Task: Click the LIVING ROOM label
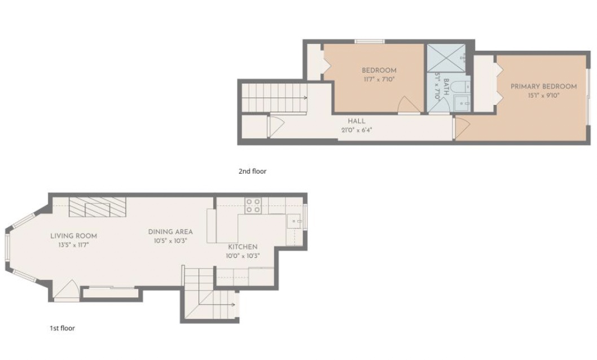point(73,236)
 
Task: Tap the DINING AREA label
point(170,232)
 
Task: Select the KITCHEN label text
point(243,247)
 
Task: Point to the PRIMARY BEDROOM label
point(543,86)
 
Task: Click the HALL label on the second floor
point(357,121)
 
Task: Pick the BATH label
point(446,87)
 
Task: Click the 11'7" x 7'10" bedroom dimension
point(379,80)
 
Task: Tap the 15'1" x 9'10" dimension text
point(543,95)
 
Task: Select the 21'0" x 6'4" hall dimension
point(357,130)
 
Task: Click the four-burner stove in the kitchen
point(253,205)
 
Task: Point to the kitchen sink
point(294,221)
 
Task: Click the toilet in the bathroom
point(462,87)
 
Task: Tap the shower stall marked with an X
point(446,58)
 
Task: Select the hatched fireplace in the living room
point(98,207)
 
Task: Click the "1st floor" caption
point(62,328)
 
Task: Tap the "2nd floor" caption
point(252,171)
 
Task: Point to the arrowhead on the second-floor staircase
point(305,98)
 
